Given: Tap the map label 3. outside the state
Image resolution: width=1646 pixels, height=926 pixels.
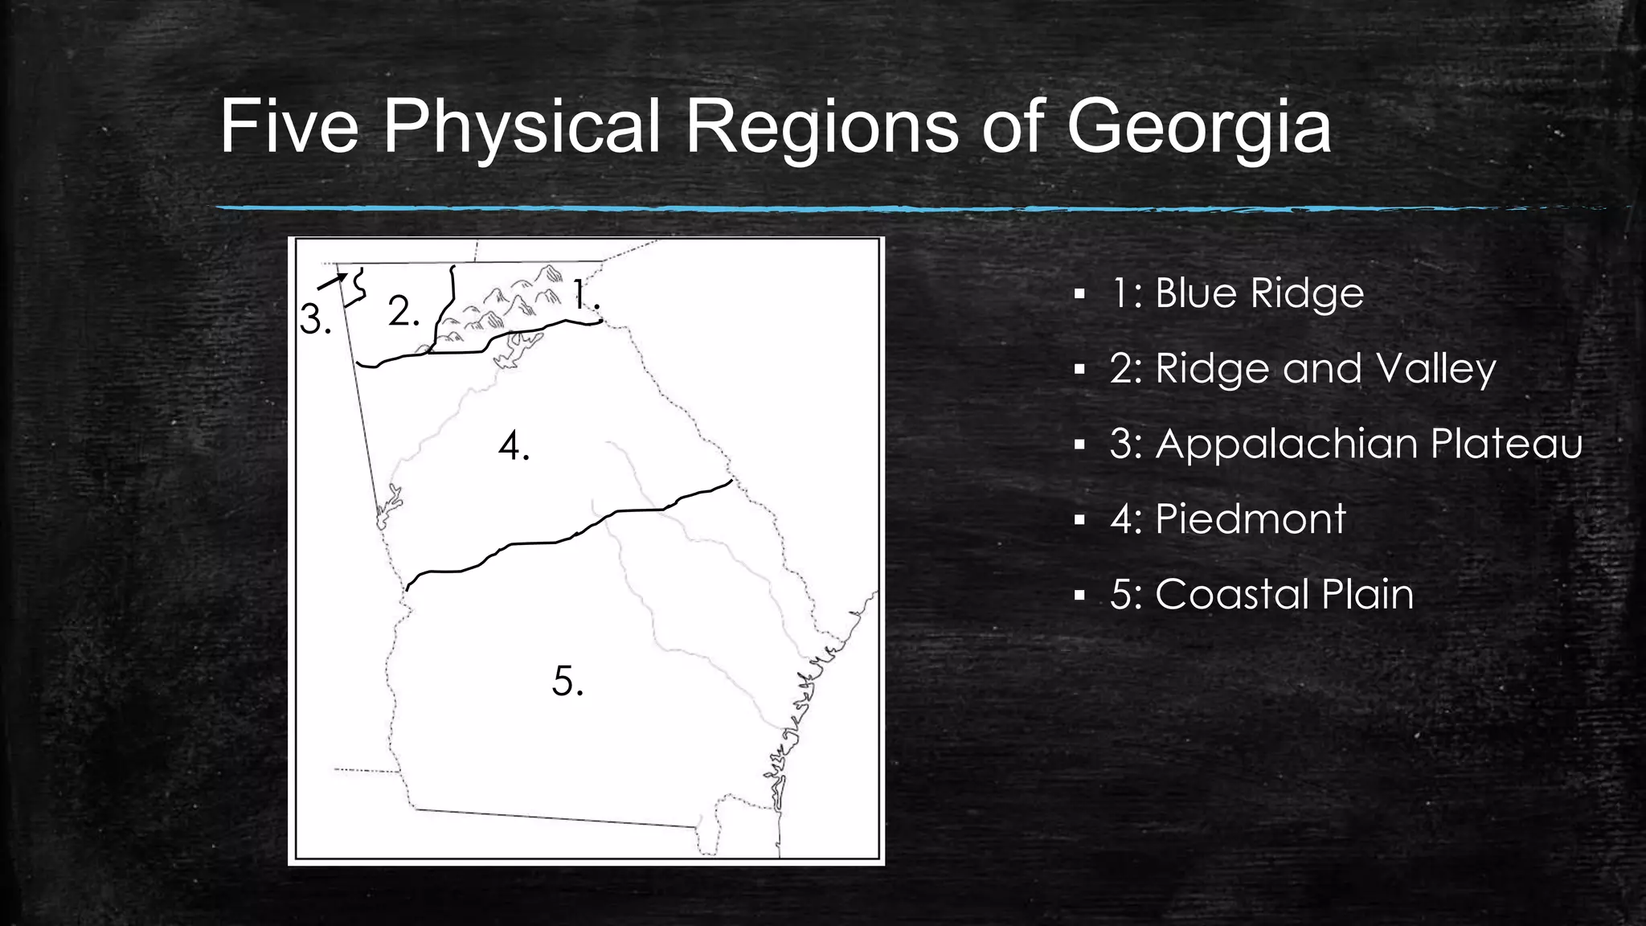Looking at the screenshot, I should (x=315, y=320).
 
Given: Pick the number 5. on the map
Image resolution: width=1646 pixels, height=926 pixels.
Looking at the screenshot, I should (x=567, y=682).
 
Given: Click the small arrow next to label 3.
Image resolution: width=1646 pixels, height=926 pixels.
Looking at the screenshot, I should (x=333, y=281).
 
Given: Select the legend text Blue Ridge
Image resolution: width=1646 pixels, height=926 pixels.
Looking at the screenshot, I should (x=1259, y=293).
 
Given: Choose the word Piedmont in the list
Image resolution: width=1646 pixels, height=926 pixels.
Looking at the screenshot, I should (x=1250, y=518).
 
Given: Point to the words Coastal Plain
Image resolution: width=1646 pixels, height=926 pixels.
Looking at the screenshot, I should (x=1284, y=595).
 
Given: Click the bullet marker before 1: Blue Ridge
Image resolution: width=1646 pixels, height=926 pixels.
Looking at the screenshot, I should (x=1079, y=294).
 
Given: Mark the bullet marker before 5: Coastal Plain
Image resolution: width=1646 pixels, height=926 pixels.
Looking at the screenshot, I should (x=1079, y=596).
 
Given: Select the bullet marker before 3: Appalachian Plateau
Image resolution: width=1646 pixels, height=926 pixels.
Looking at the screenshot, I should (x=1079, y=445).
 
